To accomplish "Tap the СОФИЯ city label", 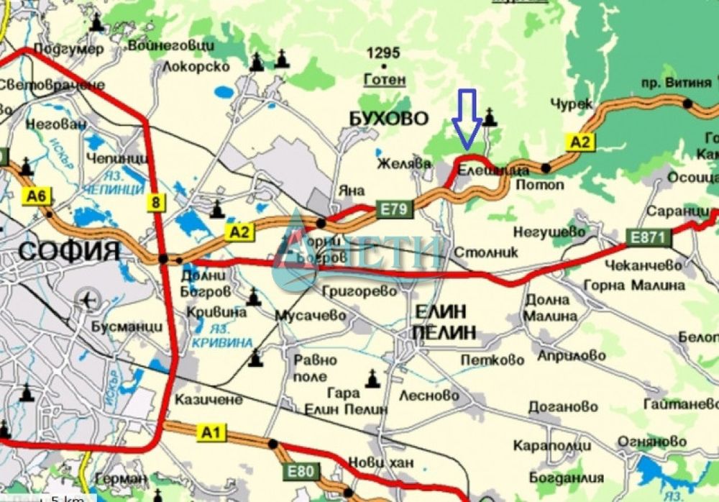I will click(69, 251).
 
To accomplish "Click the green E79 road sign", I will click(393, 209).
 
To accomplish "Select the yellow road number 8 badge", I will click(155, 203).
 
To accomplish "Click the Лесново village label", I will click(429, 395).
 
